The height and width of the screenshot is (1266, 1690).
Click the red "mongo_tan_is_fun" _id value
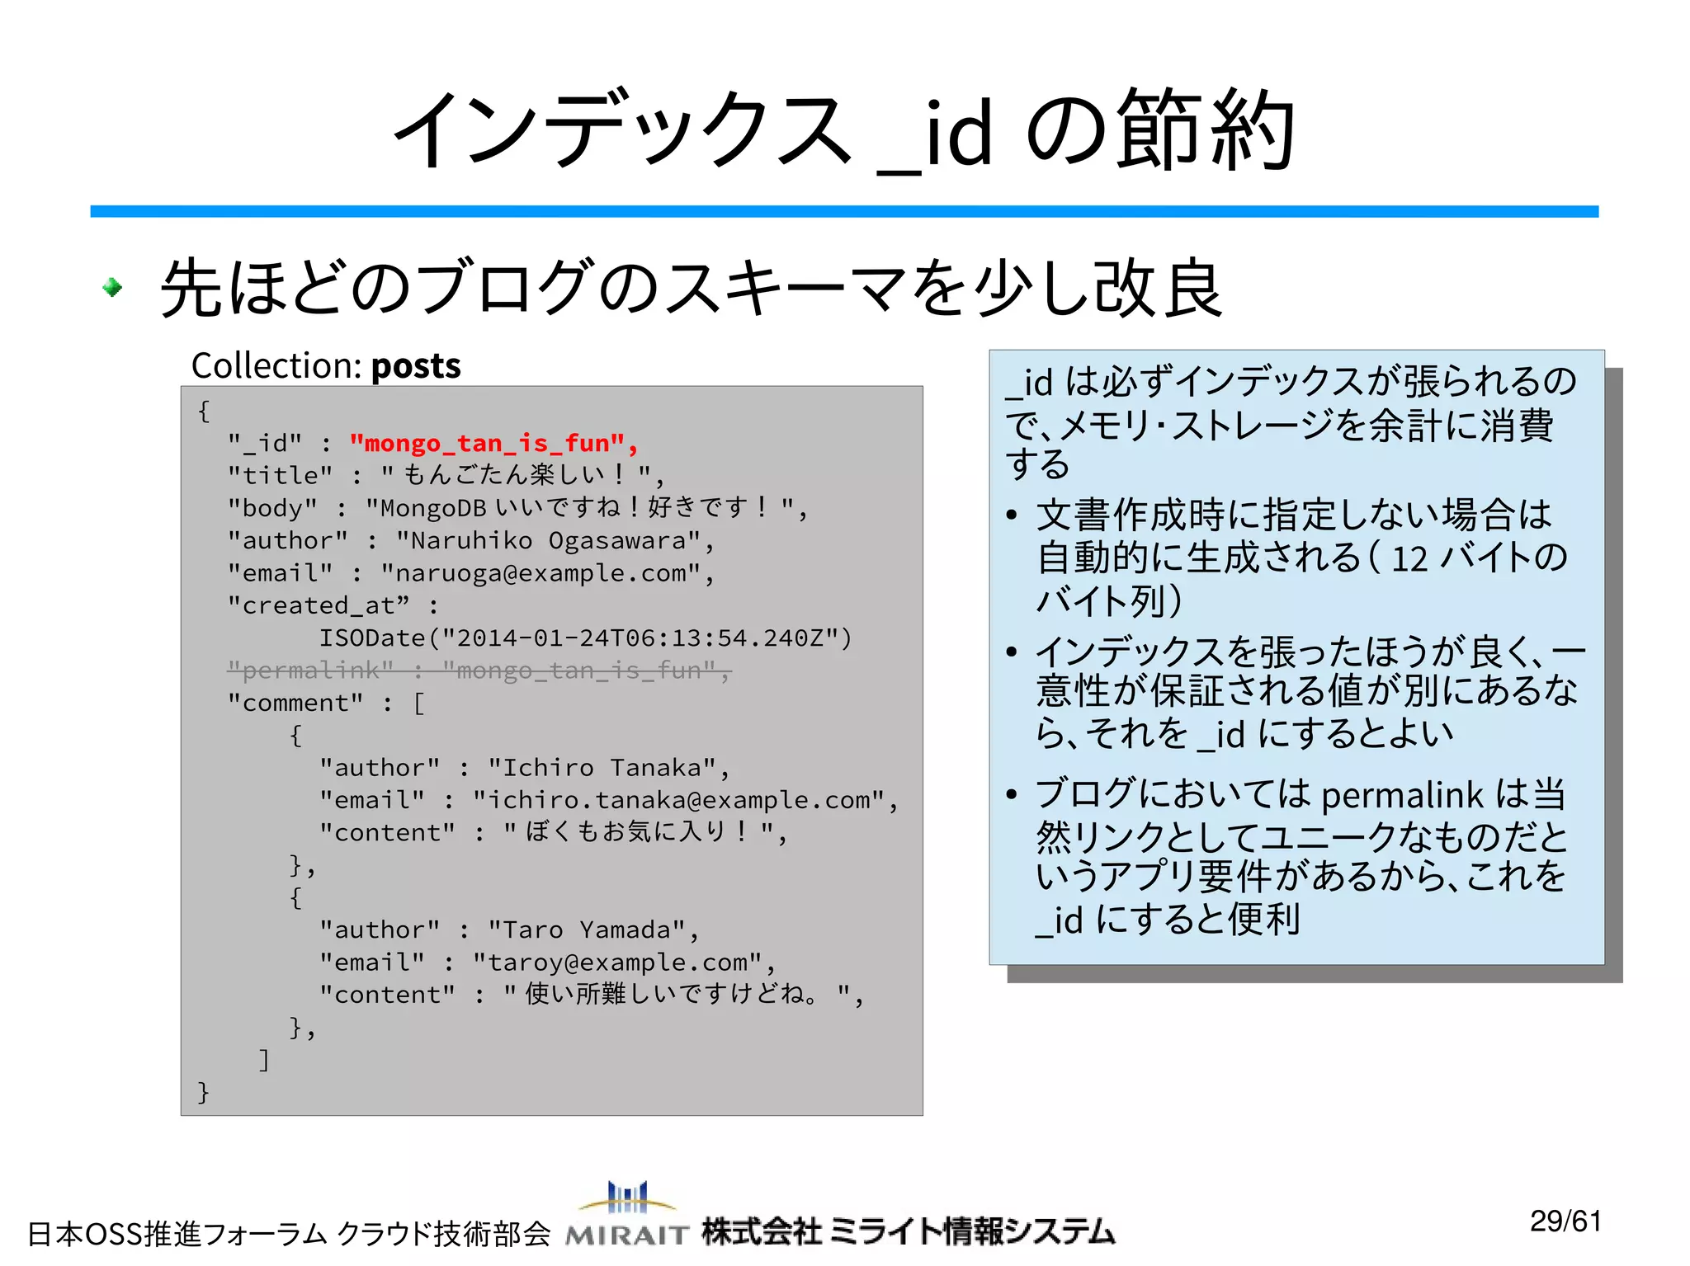coord(493,444)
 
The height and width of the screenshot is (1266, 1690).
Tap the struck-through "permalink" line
coord(479,671)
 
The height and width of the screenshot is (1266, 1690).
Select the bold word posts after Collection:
coord(416,366)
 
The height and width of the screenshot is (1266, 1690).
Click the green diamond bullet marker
coord(112,288)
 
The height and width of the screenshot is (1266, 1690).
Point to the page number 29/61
coord(1565,1221)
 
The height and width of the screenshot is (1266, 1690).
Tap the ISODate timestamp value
coord(585,638)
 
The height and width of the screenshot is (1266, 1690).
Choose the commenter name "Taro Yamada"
coord(592,930)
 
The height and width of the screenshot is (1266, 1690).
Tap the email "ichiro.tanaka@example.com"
coord(678,800)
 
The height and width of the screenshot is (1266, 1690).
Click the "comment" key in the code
coord(295,704)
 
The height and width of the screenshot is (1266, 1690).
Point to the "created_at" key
coord(319,606)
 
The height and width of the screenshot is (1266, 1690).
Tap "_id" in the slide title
coord(934,134)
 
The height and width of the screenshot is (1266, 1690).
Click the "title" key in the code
coord(280,476)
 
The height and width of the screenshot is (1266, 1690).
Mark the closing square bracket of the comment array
coord(264,1060)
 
